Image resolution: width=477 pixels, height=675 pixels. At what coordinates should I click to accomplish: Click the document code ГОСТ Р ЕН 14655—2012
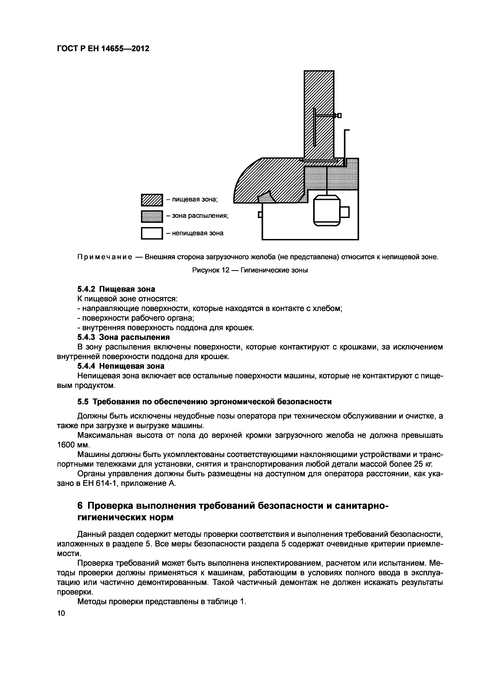103,48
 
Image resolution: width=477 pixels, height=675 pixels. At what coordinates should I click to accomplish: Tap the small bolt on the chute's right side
339,115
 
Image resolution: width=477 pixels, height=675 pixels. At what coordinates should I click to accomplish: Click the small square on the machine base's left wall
259,215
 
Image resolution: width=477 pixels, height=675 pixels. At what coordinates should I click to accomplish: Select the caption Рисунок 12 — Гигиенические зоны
250,270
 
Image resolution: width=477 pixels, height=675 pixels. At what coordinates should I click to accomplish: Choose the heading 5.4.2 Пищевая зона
116,289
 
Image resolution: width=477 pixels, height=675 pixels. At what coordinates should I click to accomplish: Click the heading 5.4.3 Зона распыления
123,337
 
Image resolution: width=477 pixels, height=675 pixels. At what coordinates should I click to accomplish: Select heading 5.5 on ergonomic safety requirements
204,402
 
